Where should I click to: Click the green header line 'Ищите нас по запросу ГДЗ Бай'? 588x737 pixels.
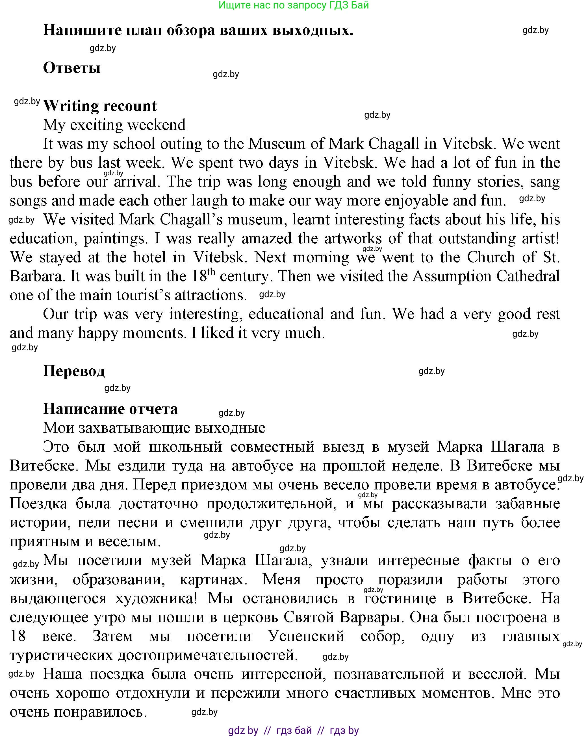click(293, 5)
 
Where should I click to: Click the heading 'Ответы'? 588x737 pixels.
click(72, 68)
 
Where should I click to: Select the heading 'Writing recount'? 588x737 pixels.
click(100, 106)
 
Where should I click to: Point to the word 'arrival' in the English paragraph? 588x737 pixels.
click(136, 181)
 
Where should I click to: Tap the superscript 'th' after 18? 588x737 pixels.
click(212, 272)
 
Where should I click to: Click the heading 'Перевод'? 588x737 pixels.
click(74, 371)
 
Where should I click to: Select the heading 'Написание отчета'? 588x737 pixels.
click(110, 409)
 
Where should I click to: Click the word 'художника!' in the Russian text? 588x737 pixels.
click(156, 598)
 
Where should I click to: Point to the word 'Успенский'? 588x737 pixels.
click(306, 636)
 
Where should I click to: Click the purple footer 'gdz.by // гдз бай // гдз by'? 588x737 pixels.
click(293, 730)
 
